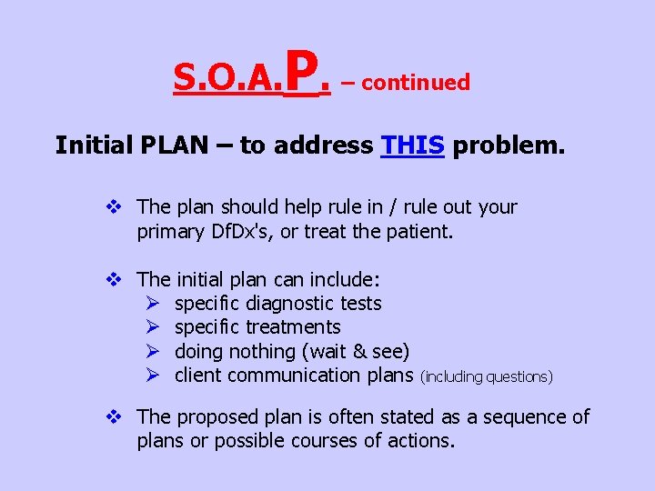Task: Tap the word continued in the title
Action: tap(415, 83)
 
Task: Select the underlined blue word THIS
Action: tap(413, 145)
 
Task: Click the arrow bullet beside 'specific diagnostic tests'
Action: tap(152, 304)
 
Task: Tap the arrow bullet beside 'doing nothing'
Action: tap(152, 351)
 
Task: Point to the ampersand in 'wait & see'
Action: tap(361, 351)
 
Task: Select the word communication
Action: tap(292, 375)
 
